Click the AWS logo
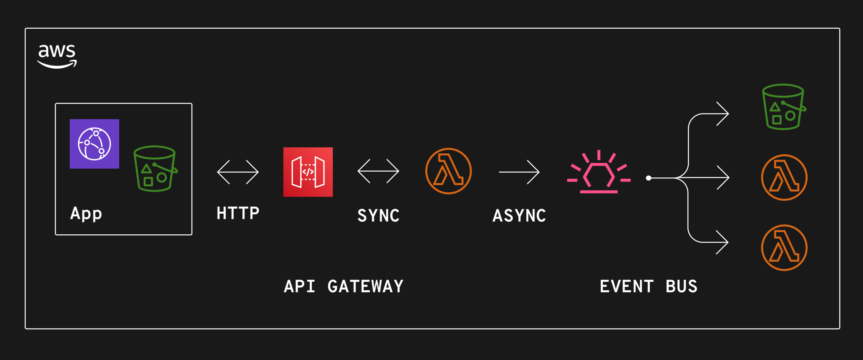point(57,56)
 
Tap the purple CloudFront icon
point(94,144)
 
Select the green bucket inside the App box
point(155,169)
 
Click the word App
point(86,214)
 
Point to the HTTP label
point(238,213)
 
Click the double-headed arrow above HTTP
point(238,172)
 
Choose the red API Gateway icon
point(308,172)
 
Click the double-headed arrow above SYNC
point(378,171)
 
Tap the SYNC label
point(378,216)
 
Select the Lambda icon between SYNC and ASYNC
point(448,171)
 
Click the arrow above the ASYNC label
point(519,172)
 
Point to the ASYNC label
point(519,216)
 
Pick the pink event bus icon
point(599,173)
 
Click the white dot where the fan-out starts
point(649,178)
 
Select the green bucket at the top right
point(784,107)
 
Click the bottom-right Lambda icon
point(784,248)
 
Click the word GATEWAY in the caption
point(365,286)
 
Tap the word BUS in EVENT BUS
point(681,286)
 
